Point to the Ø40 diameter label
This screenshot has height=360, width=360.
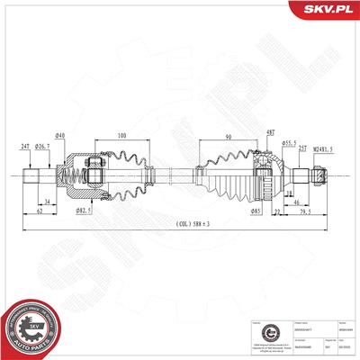pos(59,136)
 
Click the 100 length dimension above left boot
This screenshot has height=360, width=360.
pos(121,136)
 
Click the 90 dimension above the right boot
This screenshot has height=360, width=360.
pos(229,137)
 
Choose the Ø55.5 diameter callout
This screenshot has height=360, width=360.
pos(290,141)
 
